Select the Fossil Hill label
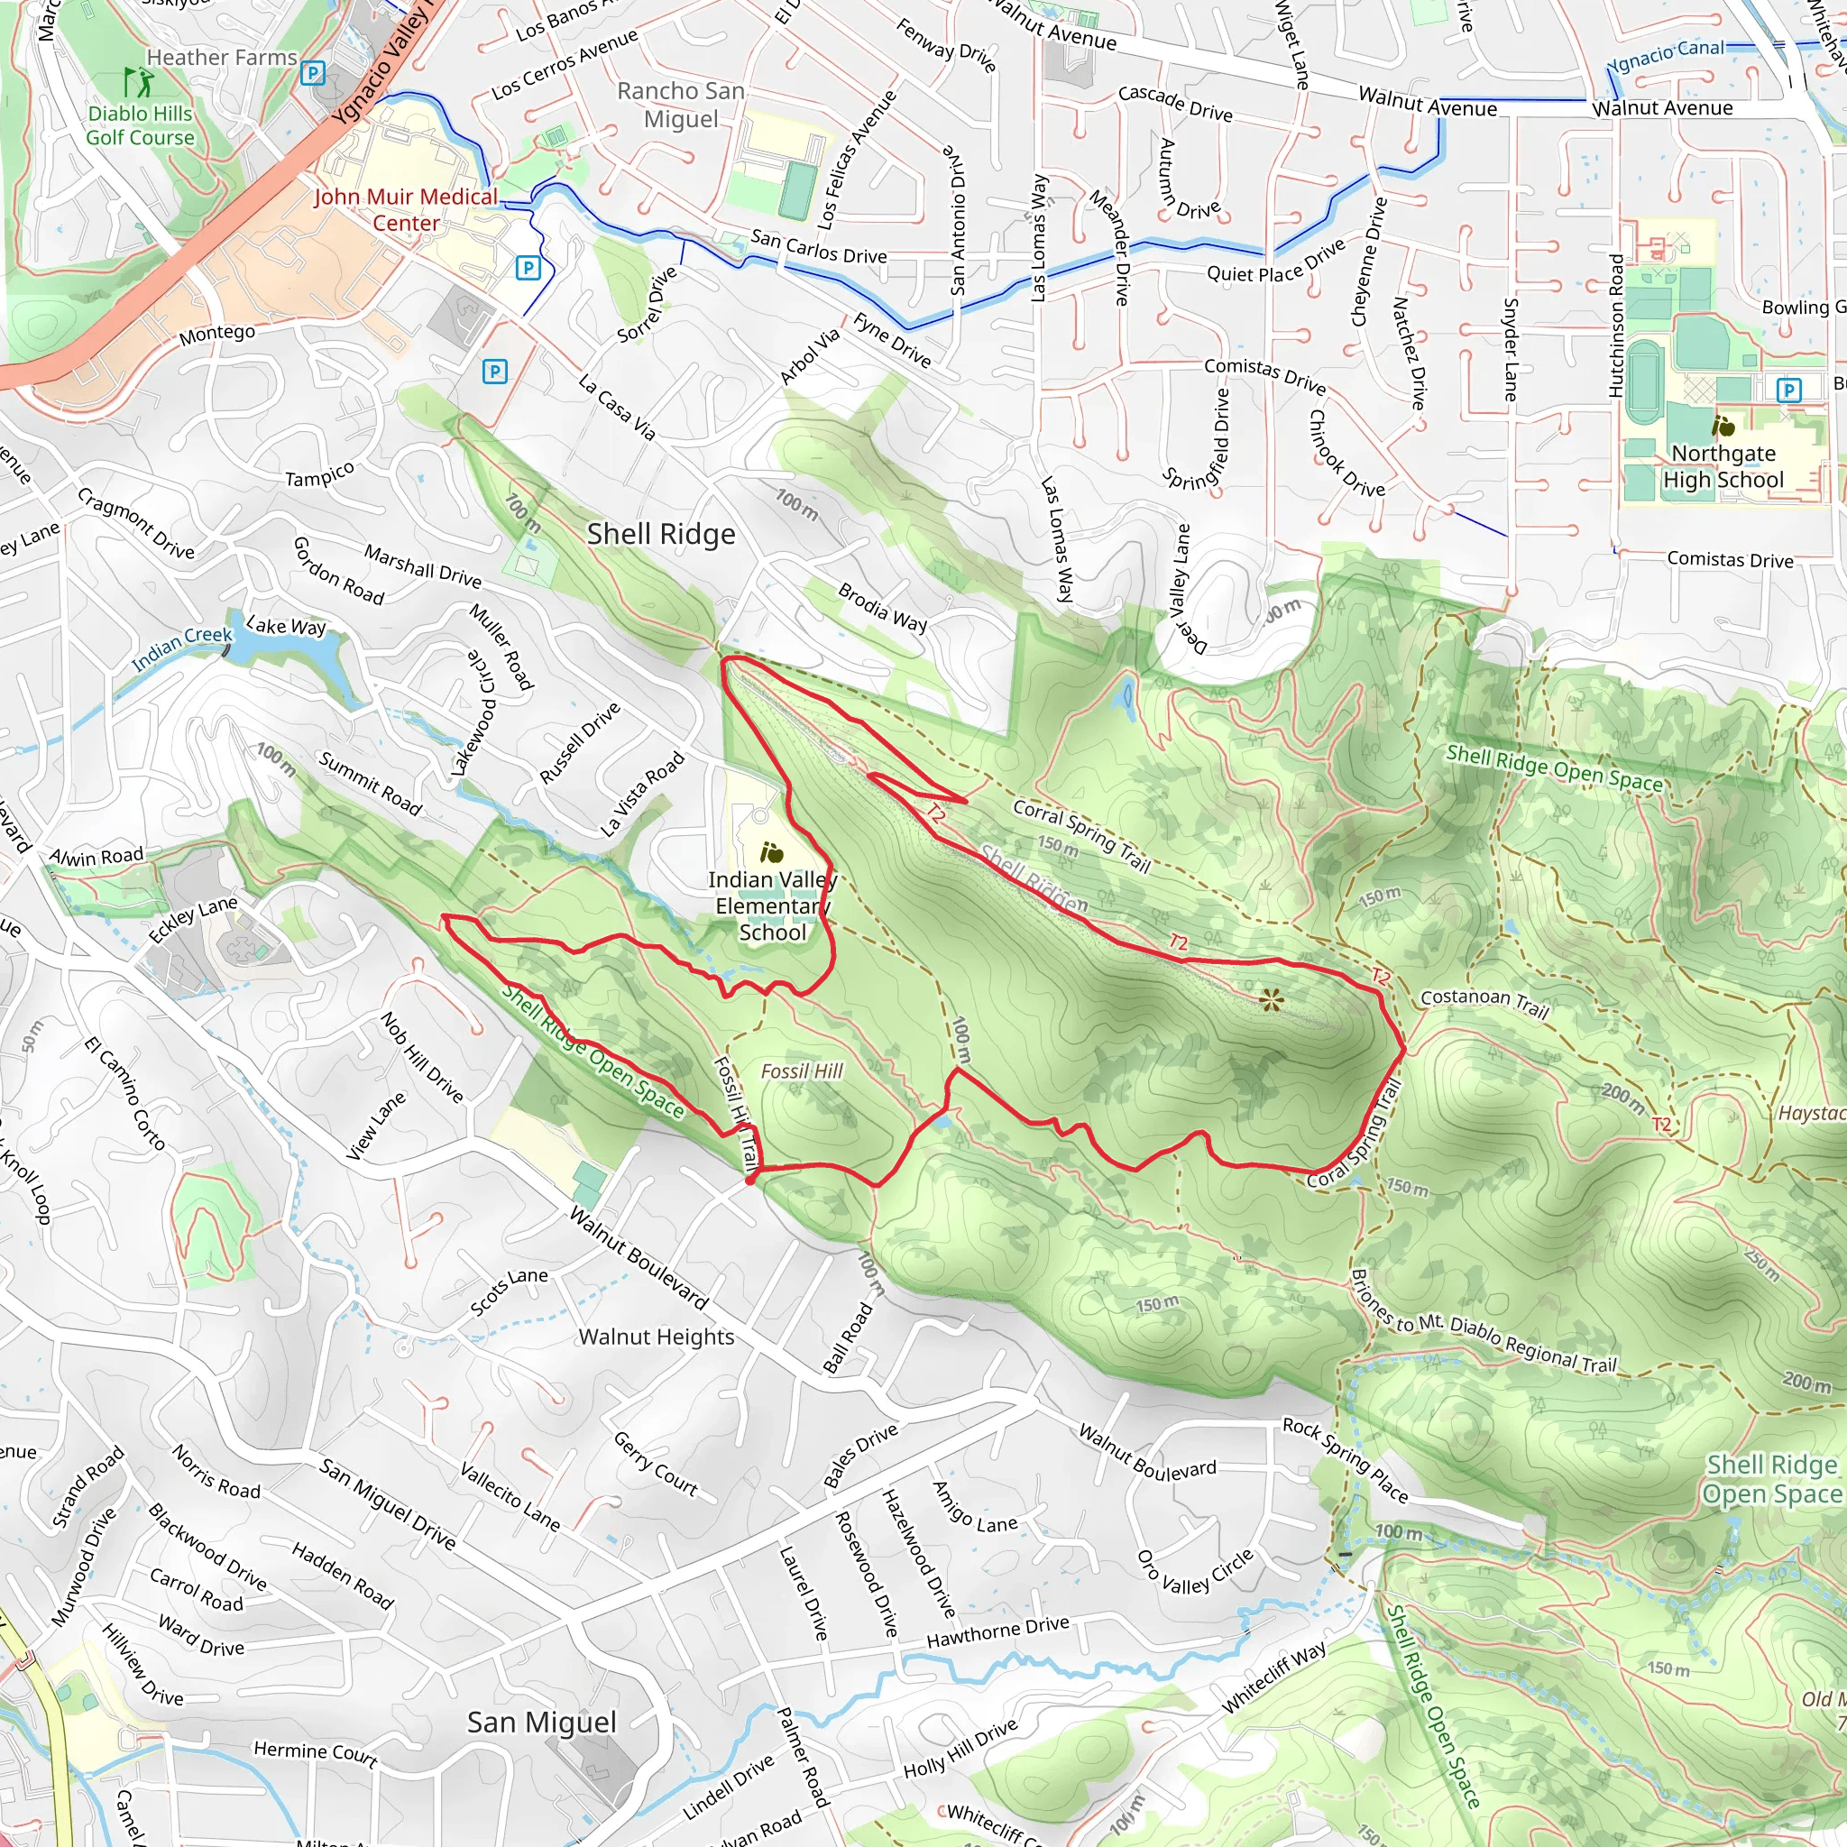[x=801, y=1071]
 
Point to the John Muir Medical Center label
[x=407, y=209]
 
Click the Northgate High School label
[x=1723, y=466]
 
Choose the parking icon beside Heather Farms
[x=313, y=74]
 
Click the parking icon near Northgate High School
[x=1788, y=389]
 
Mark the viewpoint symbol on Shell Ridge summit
[x=1271, y=1000]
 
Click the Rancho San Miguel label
[x=681, y=106]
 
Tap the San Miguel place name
[x=541, y=1722]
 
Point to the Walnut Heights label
[x=656, y=1337]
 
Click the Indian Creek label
[x=181, y=648]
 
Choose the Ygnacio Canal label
[x=1665, y=55]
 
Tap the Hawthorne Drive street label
[x=997, y=1631]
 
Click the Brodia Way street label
[x=882, y=607]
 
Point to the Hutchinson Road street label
[x=1615, y=325]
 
